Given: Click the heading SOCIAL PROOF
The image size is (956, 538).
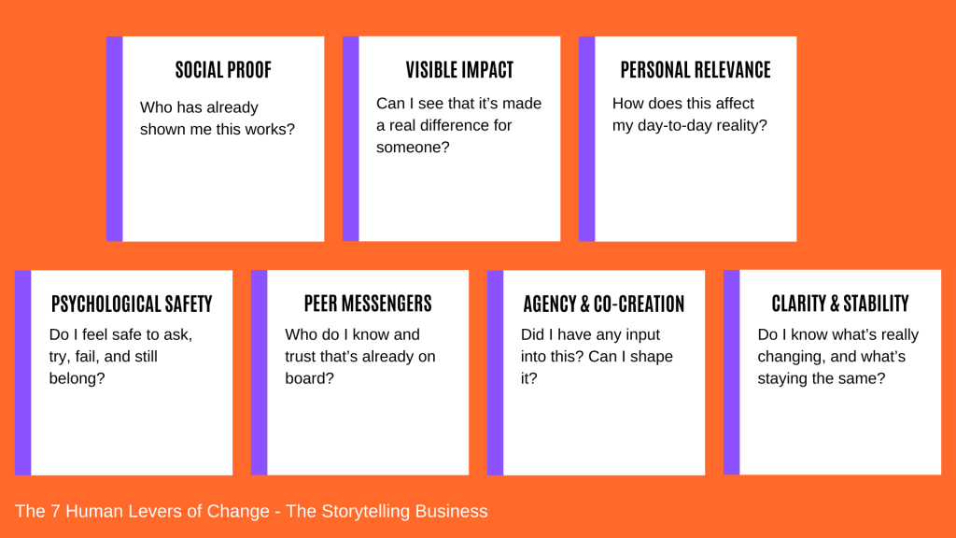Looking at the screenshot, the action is [x=223, y=70].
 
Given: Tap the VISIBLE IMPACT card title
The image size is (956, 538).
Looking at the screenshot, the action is [x=459, y=70].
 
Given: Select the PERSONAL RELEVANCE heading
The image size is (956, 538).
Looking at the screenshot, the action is [x=696, y=70].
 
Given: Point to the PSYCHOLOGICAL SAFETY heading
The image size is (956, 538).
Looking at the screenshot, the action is [x=132, y=304].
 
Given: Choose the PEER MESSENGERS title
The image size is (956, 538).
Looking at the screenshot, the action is [x=368, y=304].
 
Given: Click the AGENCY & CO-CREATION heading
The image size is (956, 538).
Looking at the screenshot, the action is [x=604, y=304].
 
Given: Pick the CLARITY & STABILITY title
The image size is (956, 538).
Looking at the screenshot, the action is [x=840, y=304].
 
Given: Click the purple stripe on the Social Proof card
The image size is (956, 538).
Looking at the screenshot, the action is [x=115, y=139].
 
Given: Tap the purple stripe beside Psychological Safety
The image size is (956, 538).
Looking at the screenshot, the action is [x=23, y=373].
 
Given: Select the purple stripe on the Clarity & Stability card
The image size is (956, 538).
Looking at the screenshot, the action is [x=732, y=372].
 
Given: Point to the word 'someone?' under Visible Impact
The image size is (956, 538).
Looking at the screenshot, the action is [x=413, y=147].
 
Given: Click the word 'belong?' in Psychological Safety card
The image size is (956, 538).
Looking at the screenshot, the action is [x=77, y=379].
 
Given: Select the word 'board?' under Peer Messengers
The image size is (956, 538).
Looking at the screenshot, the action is [x=309, y=378].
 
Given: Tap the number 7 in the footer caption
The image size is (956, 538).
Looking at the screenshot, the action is [x=55, y=511].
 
